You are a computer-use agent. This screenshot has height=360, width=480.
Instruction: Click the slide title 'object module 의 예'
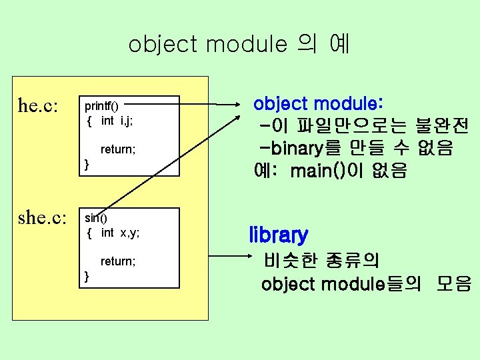[x=239, y=45]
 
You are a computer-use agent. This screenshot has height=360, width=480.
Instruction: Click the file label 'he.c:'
[x=38, y=106]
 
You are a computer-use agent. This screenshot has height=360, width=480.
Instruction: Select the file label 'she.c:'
[x=43, y=218]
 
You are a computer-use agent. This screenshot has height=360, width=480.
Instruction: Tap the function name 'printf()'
[x=101, y=106]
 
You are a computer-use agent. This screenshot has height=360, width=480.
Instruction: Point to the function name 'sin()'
[x=96, y=218]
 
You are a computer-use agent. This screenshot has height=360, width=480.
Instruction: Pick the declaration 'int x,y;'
[x=120, y=233]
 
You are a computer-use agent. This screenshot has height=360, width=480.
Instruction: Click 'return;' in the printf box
[x=118, y=149]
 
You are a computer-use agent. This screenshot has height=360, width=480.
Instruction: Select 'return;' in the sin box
[x=118, y=261]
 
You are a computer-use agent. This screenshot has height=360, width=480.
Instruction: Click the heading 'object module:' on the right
[x=318, y=104]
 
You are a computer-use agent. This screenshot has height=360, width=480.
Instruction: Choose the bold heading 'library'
[x=279, y=235]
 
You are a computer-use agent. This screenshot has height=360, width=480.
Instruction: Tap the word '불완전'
[x=441, y=125]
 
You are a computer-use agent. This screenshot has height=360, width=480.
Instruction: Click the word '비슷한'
[x=289, y=259]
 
